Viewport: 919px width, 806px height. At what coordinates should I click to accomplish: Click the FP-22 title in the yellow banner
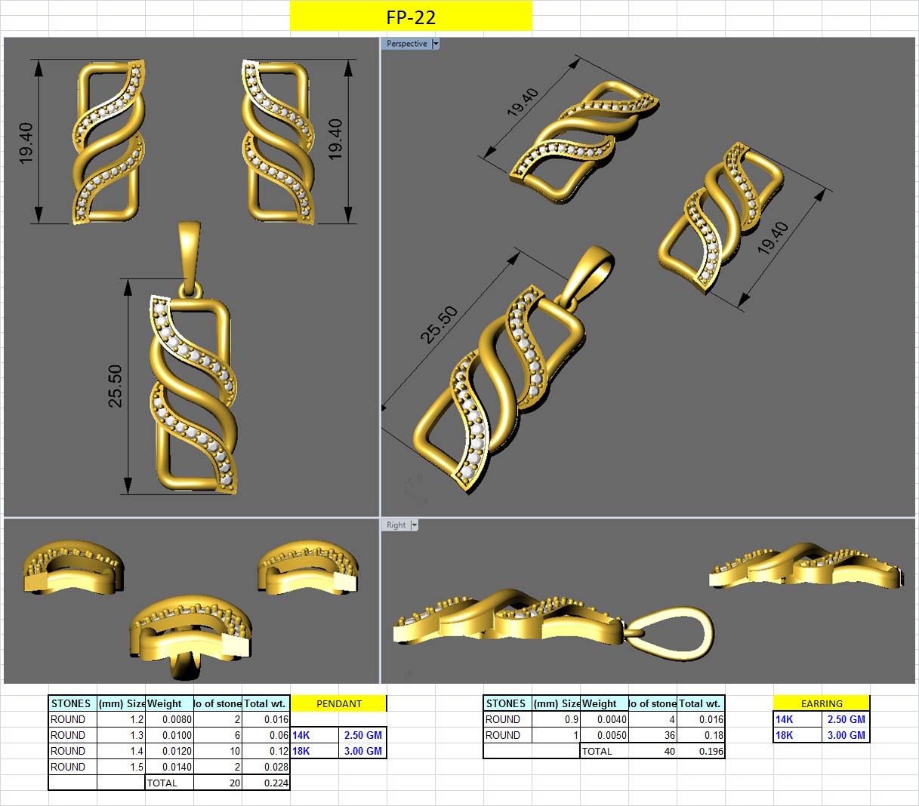tap(411, 17)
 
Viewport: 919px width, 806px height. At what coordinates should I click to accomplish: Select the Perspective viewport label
tap(406, 44)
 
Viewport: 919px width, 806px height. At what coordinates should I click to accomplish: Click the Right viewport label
tap(396, 525)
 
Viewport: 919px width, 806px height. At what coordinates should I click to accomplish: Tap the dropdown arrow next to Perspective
tap(436, 44)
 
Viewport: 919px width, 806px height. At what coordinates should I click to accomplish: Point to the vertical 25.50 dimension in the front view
tap(115, 386)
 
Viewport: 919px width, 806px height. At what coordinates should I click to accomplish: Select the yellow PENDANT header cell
tap(338, 703)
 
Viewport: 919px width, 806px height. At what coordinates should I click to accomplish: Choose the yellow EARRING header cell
tap(822, 703)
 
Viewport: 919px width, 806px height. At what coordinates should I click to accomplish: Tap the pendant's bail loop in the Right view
tap(672, 633)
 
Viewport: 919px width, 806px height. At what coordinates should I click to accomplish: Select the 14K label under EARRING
tap(785, 719)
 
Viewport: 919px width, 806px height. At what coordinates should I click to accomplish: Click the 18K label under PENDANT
tap(301, 751)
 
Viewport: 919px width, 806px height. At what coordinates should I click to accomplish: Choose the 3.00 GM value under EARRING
tap(846, 735)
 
